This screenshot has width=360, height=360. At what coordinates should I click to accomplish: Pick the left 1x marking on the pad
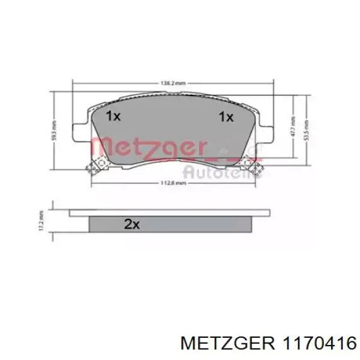113,117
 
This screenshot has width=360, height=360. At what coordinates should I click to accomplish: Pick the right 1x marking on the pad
226,117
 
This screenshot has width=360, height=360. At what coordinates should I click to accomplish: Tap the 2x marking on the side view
131,225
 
